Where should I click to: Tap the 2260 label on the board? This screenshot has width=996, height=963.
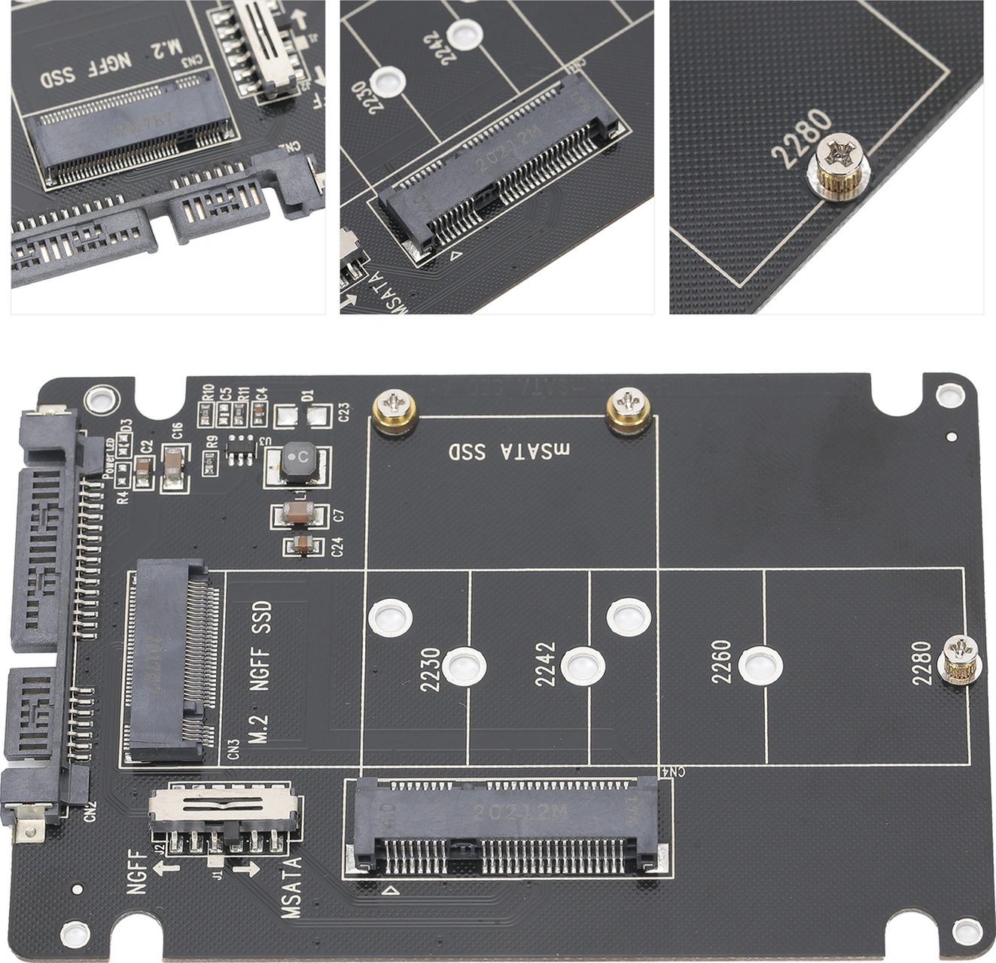721,662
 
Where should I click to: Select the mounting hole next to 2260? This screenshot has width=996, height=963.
760,666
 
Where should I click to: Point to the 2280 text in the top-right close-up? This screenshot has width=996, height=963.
802,139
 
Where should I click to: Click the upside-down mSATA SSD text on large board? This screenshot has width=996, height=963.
510,451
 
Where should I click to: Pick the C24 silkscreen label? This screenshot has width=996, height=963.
338,546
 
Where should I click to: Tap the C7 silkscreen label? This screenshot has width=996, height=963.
338,515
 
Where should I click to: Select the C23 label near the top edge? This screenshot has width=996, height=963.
344,412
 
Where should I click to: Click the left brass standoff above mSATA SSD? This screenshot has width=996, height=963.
395,412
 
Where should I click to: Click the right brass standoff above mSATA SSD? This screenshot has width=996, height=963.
629,411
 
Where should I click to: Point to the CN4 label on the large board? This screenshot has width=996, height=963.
672,770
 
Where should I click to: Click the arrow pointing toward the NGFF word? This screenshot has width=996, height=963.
166,868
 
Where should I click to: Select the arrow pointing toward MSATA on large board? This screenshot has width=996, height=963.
245,870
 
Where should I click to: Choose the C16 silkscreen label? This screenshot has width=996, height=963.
178,431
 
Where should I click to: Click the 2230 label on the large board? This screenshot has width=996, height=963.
430,670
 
